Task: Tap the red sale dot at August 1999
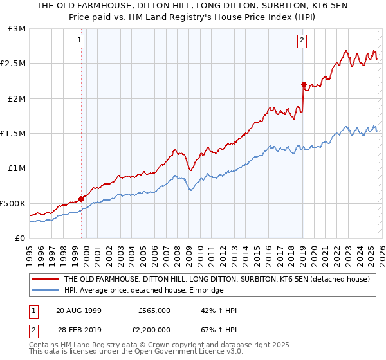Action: tap(82, 199)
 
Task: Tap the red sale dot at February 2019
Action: tap(304, 84)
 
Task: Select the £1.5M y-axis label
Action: tap(14, 134)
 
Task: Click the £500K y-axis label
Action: tap(13, 203)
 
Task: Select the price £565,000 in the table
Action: tap(154, 310)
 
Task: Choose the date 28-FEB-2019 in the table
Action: tap(78, 330)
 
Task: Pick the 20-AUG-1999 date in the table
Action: tap(78, 310)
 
